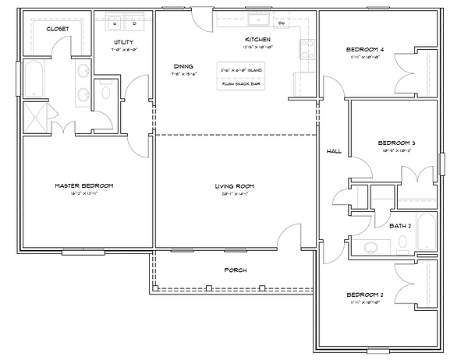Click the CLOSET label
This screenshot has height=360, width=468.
point(57,29)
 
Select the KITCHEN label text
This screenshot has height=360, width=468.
point(258,39)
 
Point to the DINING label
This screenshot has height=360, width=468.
point(183,66)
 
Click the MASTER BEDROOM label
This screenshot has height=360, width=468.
point(83,185)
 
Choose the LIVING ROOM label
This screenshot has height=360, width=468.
point(235,186)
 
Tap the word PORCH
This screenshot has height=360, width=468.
point(235,270)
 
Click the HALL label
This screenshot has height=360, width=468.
point(333,151)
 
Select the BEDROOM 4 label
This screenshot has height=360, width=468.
point(370,51)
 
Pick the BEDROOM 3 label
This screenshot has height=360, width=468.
point(395,143)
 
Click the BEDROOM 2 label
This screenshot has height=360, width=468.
point(370,295)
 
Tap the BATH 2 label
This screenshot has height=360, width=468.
point(399,225)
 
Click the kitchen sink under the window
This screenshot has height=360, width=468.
point(257,19)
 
